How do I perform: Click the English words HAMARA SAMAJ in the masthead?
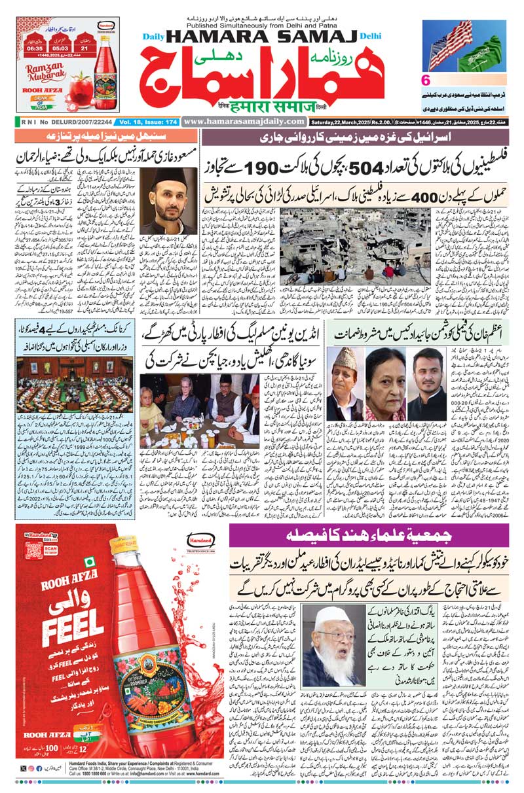[269, 39]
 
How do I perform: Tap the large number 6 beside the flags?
[425, 81]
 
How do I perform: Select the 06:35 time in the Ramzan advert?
[35, 48]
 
